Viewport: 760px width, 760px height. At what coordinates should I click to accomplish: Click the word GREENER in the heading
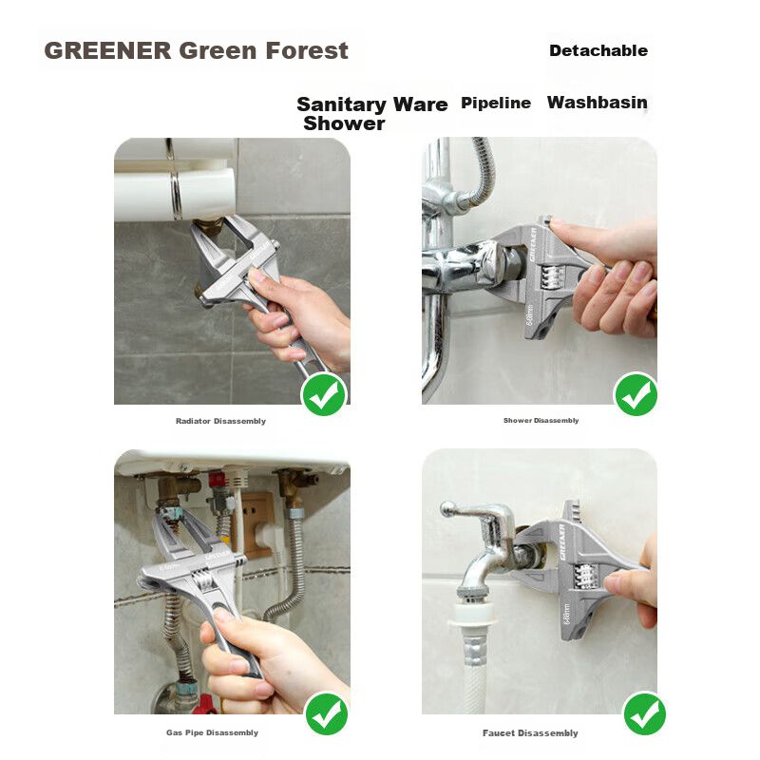pyautogui.click(x=107, y=50)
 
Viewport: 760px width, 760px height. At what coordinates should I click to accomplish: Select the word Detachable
pyautogui.click(x=598, y=50)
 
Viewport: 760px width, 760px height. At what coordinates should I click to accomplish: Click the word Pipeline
pyautogui.click(x=495, y=103)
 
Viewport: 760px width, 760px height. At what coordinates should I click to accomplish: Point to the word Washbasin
pyautogui.click(x=598, y=103)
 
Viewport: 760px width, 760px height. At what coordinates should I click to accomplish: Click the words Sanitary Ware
pyautogui.click(x=371, y=104)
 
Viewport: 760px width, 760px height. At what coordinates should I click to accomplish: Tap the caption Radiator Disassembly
pyautogui.click(x=220, y=421)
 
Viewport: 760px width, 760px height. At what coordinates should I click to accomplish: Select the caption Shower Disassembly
pyautogui.click(x=541, y=420)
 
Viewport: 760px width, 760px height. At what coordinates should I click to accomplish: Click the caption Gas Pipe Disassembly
pyautogui.click(x=212, y=732)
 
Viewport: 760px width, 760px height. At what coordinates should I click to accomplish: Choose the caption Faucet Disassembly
pyautogui.click(x=530, y=732)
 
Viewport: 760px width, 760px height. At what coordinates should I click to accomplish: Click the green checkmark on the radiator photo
pyautogui.click(x=324, y=394)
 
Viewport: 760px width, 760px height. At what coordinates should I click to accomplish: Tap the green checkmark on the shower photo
pyautogui.click(x=636, y=394)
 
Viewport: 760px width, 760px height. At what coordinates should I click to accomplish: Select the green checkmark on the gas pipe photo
pyautogui.click(x=326, y=713)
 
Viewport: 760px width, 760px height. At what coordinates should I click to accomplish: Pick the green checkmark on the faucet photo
pyautogui.click(x=644, y=713)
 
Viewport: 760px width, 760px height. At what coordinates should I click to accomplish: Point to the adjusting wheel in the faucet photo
pyautogui.click(x=585, y=577)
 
